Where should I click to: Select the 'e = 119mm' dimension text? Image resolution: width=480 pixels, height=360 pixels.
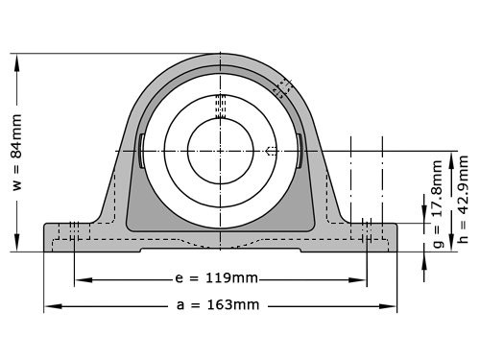pos(218,279)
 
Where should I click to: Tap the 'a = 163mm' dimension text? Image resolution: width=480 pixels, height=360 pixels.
pos(219,306)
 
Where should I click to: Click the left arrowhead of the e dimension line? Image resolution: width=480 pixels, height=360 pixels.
pos(79,280)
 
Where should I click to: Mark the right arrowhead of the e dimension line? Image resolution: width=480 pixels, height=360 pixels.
pos(362,280)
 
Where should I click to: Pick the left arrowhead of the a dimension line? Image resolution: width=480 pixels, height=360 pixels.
pos(48,307)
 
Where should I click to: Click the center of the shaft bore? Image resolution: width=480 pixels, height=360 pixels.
pos(220,151)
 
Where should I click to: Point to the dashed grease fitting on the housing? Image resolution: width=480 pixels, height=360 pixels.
pos(282,87)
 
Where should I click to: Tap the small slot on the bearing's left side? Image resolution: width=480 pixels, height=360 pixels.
pos(141,151)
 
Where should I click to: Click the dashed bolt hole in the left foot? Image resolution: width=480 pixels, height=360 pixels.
pos(73,236)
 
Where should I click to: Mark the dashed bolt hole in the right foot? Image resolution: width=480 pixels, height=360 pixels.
pos(367,236)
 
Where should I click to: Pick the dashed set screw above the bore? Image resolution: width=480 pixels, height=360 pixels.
pos(220,103)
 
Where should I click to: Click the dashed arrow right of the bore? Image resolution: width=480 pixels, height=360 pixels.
pos(272,151)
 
